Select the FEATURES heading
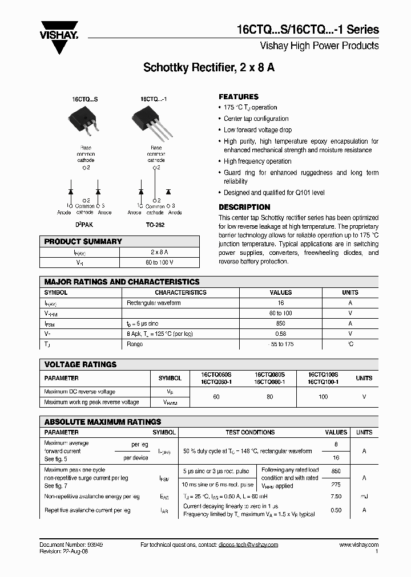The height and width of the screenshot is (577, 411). [239, 97]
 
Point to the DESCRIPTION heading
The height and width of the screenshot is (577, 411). [244, 207]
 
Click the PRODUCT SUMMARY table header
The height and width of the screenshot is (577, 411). [83, 242]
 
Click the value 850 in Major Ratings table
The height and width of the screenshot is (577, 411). [280, 323]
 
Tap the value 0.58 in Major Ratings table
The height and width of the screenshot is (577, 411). [280, 334]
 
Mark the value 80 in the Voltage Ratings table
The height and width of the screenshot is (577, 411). [269, 396]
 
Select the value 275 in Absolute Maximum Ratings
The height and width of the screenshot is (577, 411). [336, 484]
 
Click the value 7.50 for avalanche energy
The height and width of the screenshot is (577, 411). [336, 497]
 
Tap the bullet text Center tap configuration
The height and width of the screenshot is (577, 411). [256, 119]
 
